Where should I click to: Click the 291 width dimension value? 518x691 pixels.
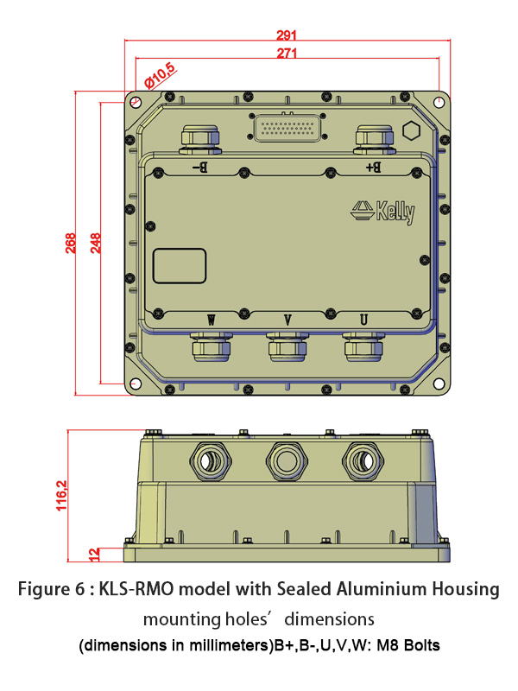click(287, 35)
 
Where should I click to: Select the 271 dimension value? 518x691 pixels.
click(287, 54)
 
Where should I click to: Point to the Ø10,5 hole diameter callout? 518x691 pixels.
click(160, 76)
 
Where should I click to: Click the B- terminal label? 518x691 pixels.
click(199, 167)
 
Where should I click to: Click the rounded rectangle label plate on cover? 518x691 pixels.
click(180, 265)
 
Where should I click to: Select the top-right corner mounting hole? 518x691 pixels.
click(439, 102)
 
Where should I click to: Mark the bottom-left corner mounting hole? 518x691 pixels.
click(135, 384)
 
